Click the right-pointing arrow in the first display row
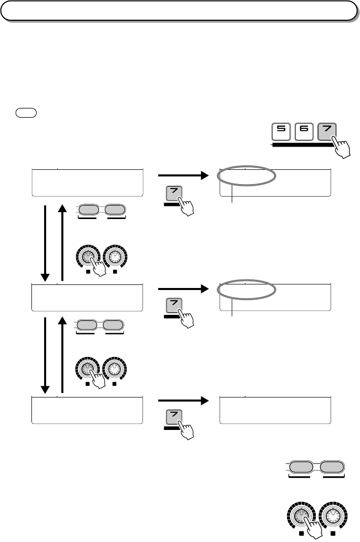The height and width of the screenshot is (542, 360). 183,175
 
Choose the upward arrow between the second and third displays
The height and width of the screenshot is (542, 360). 62,355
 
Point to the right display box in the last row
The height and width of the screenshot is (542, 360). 275,410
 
